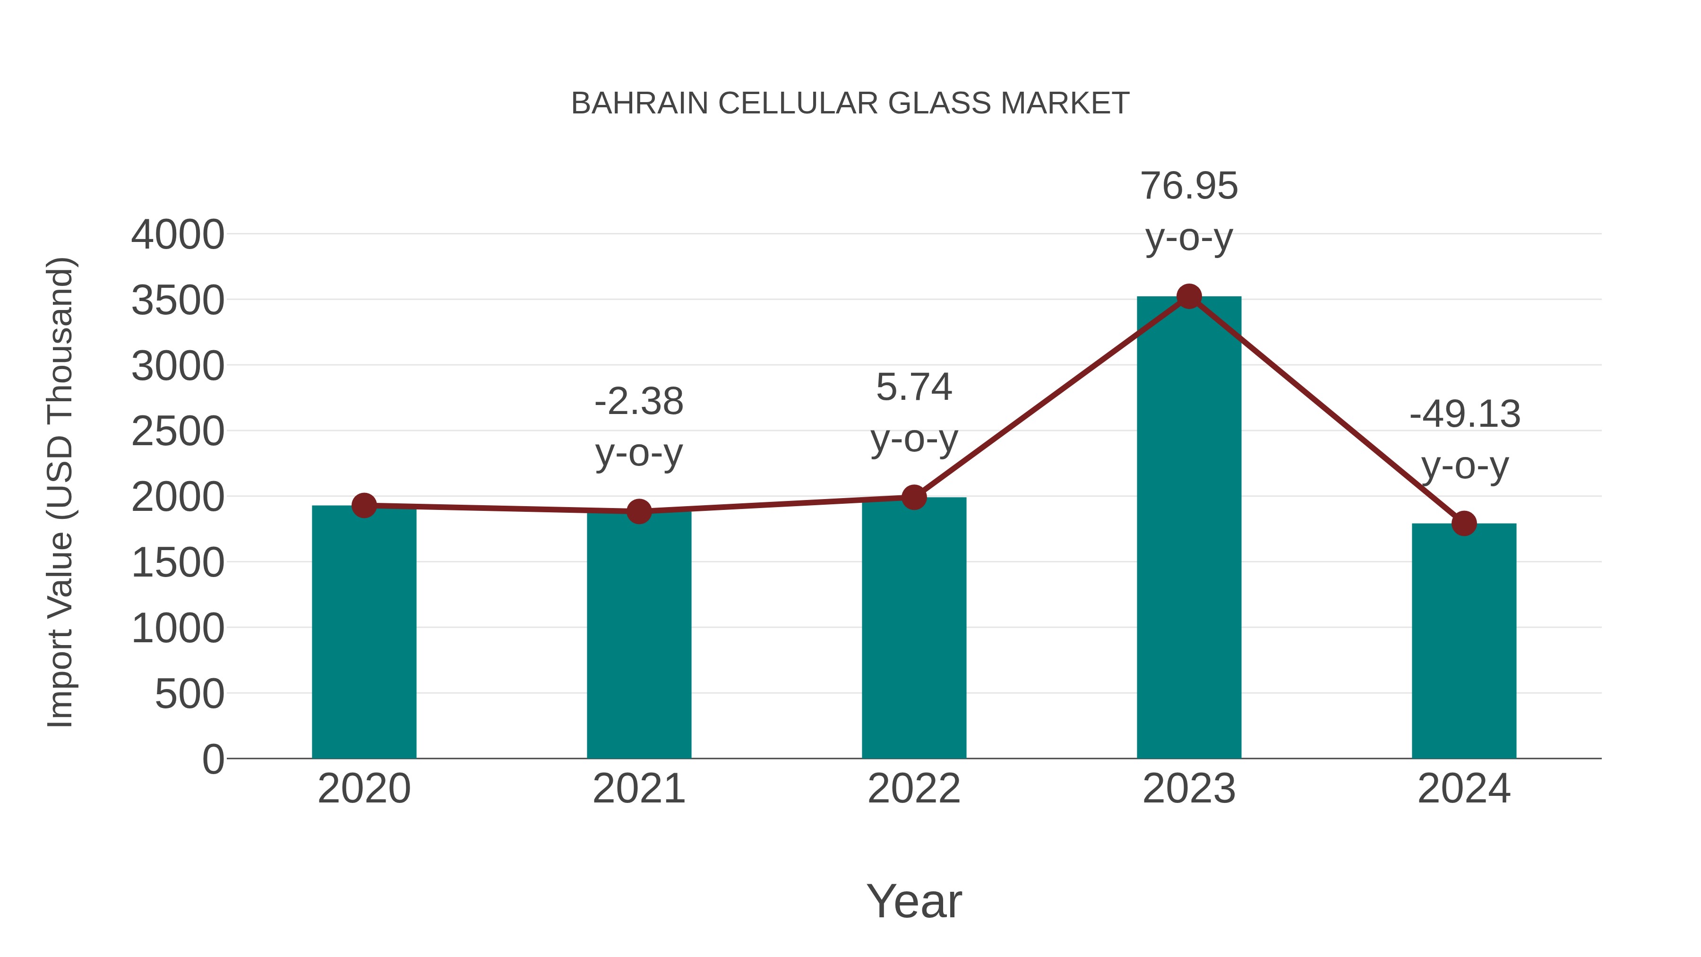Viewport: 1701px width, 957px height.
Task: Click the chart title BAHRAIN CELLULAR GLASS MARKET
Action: [x=850, y=103]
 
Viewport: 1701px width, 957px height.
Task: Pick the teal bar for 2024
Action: [x=1464, y=641]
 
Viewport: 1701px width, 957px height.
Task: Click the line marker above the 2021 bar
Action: [x=638, y=511]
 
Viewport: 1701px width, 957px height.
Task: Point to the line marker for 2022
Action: [x=914, y=497]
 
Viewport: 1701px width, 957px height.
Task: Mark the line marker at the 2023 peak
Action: [x=1189, y=296]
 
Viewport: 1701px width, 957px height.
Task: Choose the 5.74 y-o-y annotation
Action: [x=914, y=413]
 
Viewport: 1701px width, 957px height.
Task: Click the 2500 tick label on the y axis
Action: [x=178, y=432]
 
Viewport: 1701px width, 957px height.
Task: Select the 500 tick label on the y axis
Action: [x=189, y=694]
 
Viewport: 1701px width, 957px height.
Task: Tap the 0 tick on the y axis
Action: [x=213, y=759]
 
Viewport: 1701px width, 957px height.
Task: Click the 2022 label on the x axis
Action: [x=914, y=789]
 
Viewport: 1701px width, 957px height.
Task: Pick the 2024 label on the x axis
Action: [x=1464, y=789]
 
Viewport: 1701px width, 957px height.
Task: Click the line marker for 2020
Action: [x=364, y=506]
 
